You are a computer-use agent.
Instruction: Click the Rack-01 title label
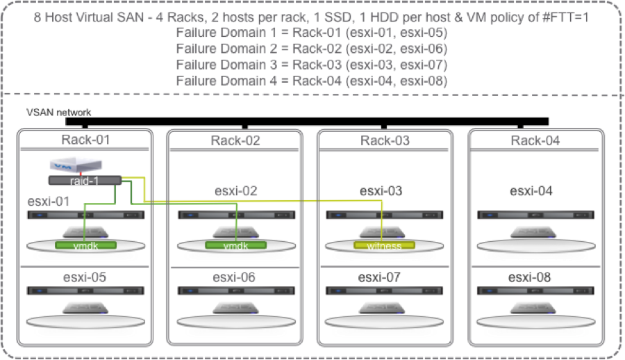tap(85, 140)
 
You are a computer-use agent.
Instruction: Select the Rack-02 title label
tap(235, 141)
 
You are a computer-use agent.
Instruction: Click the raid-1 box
tap(85, 181)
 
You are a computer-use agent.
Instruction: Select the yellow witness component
tap(384, 245)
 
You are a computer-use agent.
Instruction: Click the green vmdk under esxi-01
tap(85, 245)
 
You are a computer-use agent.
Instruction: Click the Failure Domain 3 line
tap(310, 65)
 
